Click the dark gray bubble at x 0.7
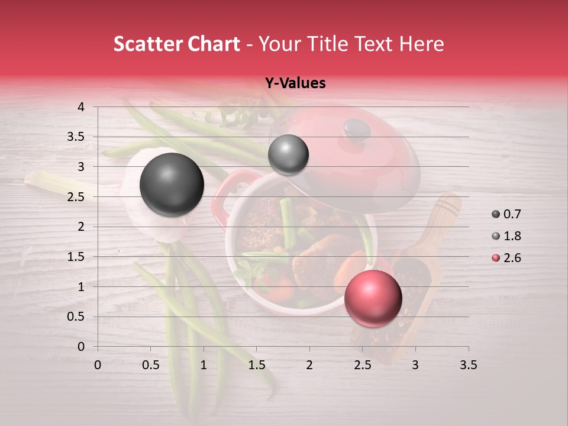(172, 185)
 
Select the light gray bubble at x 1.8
(288, 155)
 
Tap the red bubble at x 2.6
(373, 298)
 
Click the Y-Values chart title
(295, 83)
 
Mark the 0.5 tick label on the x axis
(150, 365)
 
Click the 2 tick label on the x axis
(309, 365)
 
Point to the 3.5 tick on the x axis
(468, 365)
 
